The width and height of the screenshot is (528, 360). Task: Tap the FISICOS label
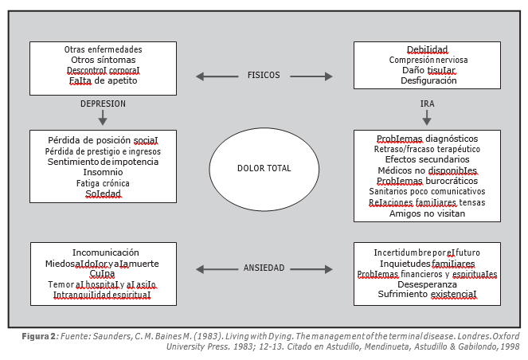click(264, 75)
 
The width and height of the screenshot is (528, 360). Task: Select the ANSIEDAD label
click(264, 268)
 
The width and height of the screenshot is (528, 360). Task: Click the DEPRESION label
click(103, 104)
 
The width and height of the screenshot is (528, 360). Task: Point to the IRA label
click(427, 104)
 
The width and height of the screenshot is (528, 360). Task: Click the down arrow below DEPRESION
click(103, 118)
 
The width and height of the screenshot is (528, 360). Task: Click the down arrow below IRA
click(427, 118)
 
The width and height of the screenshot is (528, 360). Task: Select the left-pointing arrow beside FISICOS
click(217, 76)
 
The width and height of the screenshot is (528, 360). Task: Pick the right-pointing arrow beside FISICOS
click(311, 76)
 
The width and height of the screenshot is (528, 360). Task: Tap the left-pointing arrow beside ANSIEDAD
click(217, 269)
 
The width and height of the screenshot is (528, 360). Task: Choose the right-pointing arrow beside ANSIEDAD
click(311, 269)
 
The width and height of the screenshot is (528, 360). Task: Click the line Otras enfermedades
click(103, 49)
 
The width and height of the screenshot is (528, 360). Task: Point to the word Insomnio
click(103, 172)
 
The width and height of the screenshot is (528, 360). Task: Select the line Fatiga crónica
click(103, 183)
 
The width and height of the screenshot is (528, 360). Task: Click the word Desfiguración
click(428, 80)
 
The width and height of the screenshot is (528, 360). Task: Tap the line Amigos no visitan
click(428, 213)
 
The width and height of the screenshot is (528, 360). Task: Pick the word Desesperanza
click(428, 284)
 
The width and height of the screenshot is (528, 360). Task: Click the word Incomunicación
click(106, 252)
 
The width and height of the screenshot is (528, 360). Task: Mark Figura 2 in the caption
click(39, 336)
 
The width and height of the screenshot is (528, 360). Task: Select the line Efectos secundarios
click(428, 159)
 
